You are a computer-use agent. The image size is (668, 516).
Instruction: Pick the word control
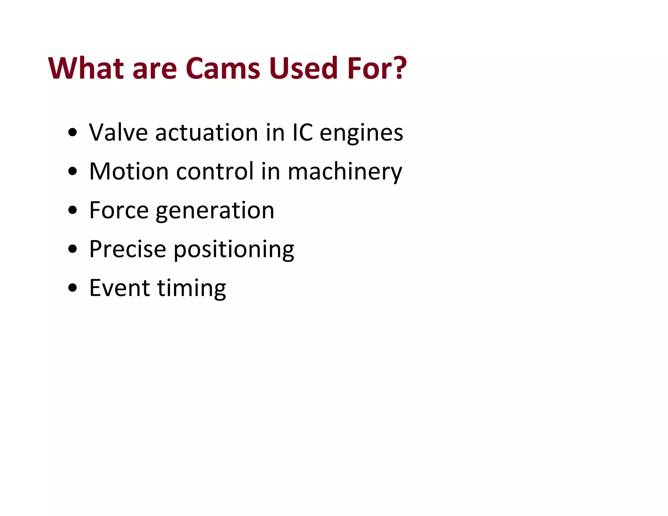[215, 171]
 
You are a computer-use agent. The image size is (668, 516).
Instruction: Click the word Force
[119, 210]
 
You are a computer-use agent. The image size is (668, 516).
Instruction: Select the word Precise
[128, 249]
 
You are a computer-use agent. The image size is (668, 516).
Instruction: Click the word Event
[119, 288]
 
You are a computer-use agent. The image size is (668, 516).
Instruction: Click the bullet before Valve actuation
[73, 133]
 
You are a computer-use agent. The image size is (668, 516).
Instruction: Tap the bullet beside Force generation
[73, 210]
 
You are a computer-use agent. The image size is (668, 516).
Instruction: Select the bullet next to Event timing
[73, 288]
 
